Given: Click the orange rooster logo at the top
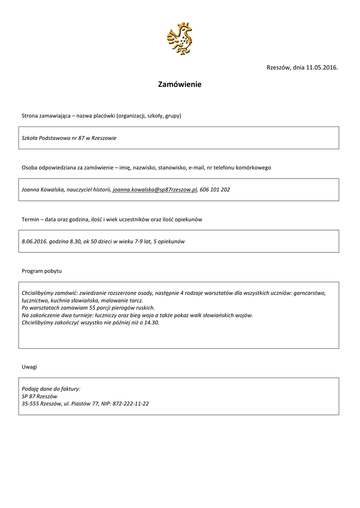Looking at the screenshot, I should pyautogui.click(x=179, y=38).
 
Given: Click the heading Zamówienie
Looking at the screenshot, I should pyautogui.click(x=180, y=85).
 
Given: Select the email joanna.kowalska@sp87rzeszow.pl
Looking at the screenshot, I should pyautogui.click(x=155, y=190).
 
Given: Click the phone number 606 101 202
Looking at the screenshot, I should pyautogui.click(x=215, y=190).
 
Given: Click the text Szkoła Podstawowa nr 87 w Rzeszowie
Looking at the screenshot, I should pyautogui.click(x=69, y=138).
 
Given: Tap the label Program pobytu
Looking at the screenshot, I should pyautogui.click(x=42, y=271).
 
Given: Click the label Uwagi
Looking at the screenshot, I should pyautogui.click(x=29, y=367).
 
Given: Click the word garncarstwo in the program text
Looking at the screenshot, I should pyautogui.click(x=309, y=293).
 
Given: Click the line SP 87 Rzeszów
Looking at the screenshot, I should pyautogui.click(x=40, y=396).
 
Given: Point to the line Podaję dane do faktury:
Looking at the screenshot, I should pyautogui.click(x=51, y=389).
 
